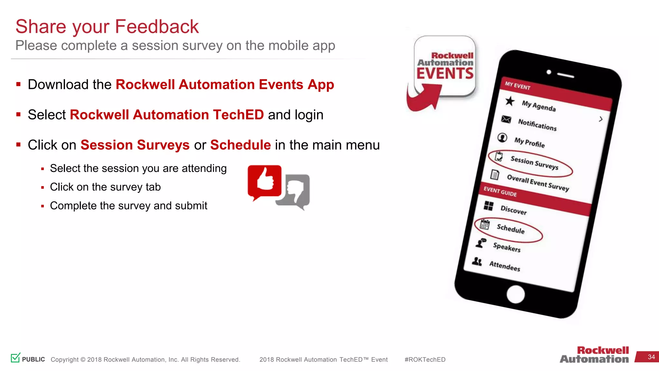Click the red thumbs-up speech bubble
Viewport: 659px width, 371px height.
[265, 181]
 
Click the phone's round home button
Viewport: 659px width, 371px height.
[515, 294]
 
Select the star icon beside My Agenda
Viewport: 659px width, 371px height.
[510, 101]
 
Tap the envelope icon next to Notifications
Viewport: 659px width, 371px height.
[506, 119]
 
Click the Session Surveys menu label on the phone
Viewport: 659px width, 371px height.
[534, 163]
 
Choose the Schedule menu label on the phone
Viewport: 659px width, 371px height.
[511, 229]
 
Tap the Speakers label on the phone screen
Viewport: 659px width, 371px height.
[507, 247]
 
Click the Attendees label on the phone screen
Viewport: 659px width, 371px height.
[505, 266]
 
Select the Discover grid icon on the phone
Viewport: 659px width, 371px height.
[488, 206]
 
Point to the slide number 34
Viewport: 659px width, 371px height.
[651, 357]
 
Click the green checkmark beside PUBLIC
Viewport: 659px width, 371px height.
[15, 357]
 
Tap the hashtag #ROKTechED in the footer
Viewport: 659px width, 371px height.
[425, 359]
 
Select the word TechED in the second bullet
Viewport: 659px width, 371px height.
[238, 115]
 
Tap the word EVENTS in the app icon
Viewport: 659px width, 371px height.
[445, 73]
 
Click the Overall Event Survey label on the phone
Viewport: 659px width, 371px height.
[538, 183]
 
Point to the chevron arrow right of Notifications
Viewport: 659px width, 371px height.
[600, 119]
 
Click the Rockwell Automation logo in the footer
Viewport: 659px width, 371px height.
[594, 355]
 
